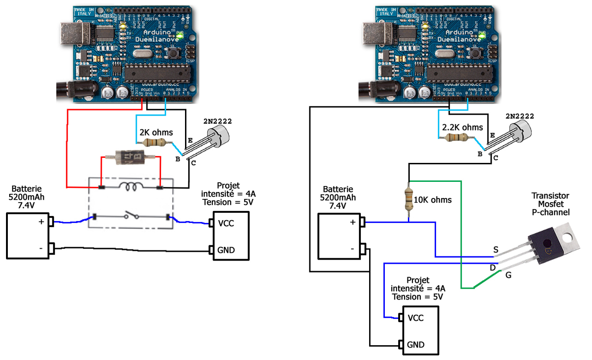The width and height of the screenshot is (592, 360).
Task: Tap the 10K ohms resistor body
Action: (x=409, y=199)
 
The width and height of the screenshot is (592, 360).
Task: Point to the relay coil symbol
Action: (x=131, y=186)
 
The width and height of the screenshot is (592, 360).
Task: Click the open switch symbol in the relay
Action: (x=131, y=216)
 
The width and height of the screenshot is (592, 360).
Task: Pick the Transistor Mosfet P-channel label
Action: (x=550, y=204)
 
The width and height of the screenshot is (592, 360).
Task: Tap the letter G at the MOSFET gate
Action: (x=508, y=275)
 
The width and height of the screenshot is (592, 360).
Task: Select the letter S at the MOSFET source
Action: (x=496, y=250)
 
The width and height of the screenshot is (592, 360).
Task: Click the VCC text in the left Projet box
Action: (x=226, y=223)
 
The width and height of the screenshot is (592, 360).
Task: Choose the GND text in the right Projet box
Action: (x=416, y=345)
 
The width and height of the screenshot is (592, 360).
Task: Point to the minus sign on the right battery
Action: (x=352, y=249)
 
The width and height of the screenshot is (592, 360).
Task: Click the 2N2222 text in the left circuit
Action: (x=217, y=121)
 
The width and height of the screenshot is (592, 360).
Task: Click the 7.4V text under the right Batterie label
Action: (x=338, y=206)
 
